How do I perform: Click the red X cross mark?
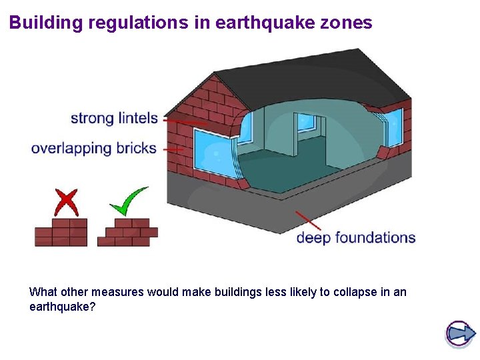click(x=65, y=202)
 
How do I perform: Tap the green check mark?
click(x=129, y=201)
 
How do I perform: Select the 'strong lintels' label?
click(x=114, y=119)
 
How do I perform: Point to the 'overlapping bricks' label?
click(x=93, y=148)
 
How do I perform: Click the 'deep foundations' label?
click(x=355, y=237)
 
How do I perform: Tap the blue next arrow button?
click(x=459, y=333)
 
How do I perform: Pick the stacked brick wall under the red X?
click(x=61, y=233)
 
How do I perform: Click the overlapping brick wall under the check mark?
click(x=127, y=233)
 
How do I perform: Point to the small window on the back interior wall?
click(x=307, y=122)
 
